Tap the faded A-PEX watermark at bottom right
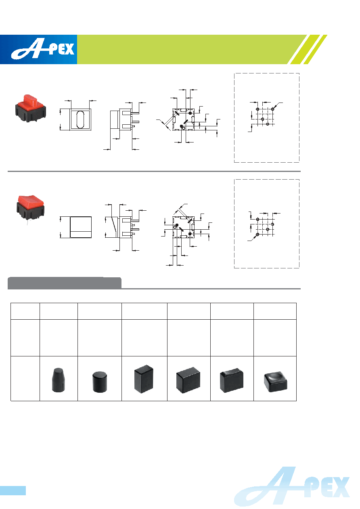tap(292, 486)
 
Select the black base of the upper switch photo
tap(31, 113)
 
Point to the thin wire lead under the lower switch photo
tap(28, 222)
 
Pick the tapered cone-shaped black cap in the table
tap(59, 380)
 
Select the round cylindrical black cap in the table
tap(99, 382)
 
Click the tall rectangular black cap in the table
tap(144, 379)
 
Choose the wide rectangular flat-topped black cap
tap(188, 380)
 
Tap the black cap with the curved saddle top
tap(231, 380)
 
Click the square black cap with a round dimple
tap(276, 382)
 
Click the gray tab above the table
tap(65, 283)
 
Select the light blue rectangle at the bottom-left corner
tap(13, 490)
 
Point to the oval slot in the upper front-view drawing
tap(80, 119)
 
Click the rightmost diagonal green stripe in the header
tap(315, 49)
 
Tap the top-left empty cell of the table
tap(25, 311)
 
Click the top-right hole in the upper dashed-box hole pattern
tap(272, 109)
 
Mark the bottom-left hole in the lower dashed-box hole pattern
tap(257, 234)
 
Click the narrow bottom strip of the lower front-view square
tap(81, 235)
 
